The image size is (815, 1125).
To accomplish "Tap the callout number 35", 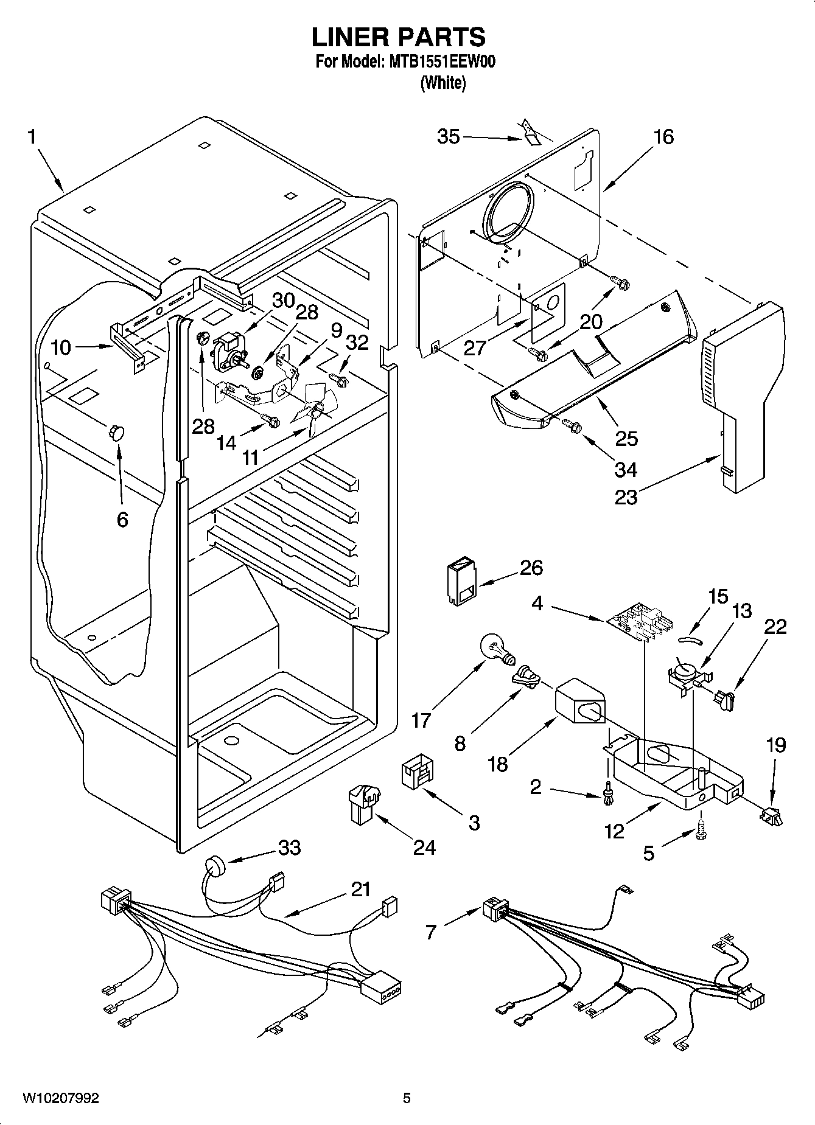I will (449, 136).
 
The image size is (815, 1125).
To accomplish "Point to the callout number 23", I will (626, 497).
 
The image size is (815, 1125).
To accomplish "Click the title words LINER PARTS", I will (399, 37).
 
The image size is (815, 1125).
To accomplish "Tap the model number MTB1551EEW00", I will (440, 62).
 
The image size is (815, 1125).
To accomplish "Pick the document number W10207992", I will (61, 1098).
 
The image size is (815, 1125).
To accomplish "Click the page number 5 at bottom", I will (407, 1098).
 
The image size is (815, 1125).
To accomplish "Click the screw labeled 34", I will (572, 427).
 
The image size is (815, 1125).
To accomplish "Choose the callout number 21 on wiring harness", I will (360, 889).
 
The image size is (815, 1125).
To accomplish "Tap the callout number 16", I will (663, 136).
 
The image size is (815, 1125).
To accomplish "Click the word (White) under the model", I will (443, 83).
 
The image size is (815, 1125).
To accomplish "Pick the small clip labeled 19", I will (771, 815).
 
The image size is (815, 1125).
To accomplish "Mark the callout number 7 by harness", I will (431, 932).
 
